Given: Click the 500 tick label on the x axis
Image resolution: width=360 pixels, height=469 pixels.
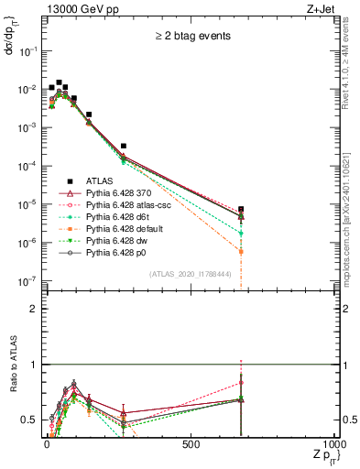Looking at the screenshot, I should (x=191, y=444).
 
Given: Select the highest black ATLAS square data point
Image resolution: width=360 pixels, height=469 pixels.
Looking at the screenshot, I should (x=60, y=82).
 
